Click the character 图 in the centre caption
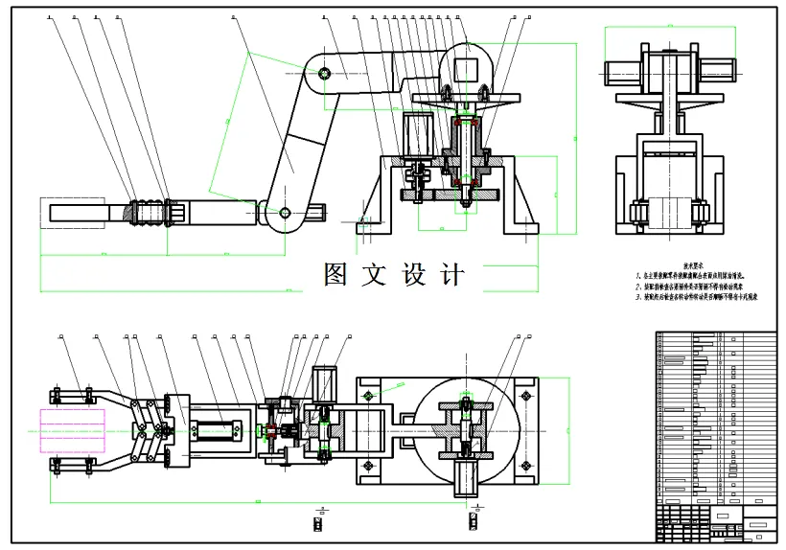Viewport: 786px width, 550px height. coord(336,275)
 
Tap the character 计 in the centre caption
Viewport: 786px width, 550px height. coord(452,275)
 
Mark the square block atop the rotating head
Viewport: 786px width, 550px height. coord(467,69)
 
